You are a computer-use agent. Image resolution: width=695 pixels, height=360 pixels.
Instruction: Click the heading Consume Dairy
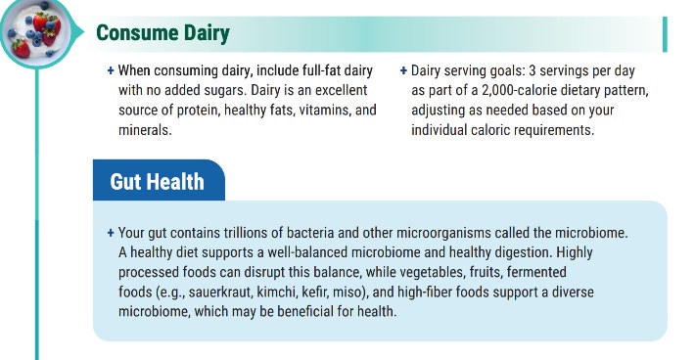[x=162, y=34]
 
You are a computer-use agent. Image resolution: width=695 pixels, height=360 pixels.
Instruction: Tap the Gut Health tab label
[x=157, y=181]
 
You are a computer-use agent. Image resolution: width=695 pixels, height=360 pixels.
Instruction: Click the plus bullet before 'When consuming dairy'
[x=111, y=71]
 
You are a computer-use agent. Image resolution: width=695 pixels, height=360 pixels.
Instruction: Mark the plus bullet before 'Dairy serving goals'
[x=403, y=71]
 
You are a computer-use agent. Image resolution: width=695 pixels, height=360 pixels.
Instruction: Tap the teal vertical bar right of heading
[x=665, y=34]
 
